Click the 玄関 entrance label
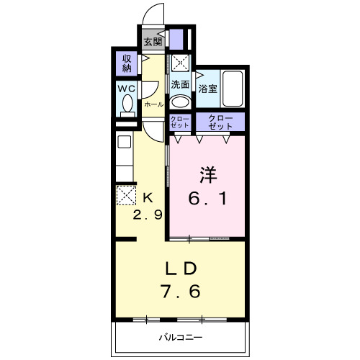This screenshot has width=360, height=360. click(x=151, y=41)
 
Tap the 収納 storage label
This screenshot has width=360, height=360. click(x=127, y=63)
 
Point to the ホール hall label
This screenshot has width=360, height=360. click(x=153, y=104)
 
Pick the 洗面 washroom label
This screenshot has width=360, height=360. click(x=180, y=84)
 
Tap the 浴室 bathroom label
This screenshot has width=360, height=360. click(x=208, y=89)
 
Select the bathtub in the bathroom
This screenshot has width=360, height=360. click(x=232, y=88)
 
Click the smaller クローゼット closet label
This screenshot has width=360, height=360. click(x=180, y=122)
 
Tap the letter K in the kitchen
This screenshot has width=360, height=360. click(x=148, y=197)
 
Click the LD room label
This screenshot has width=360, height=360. click(x=181, y=269)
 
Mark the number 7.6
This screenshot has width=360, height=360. click(x=181, y=293)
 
